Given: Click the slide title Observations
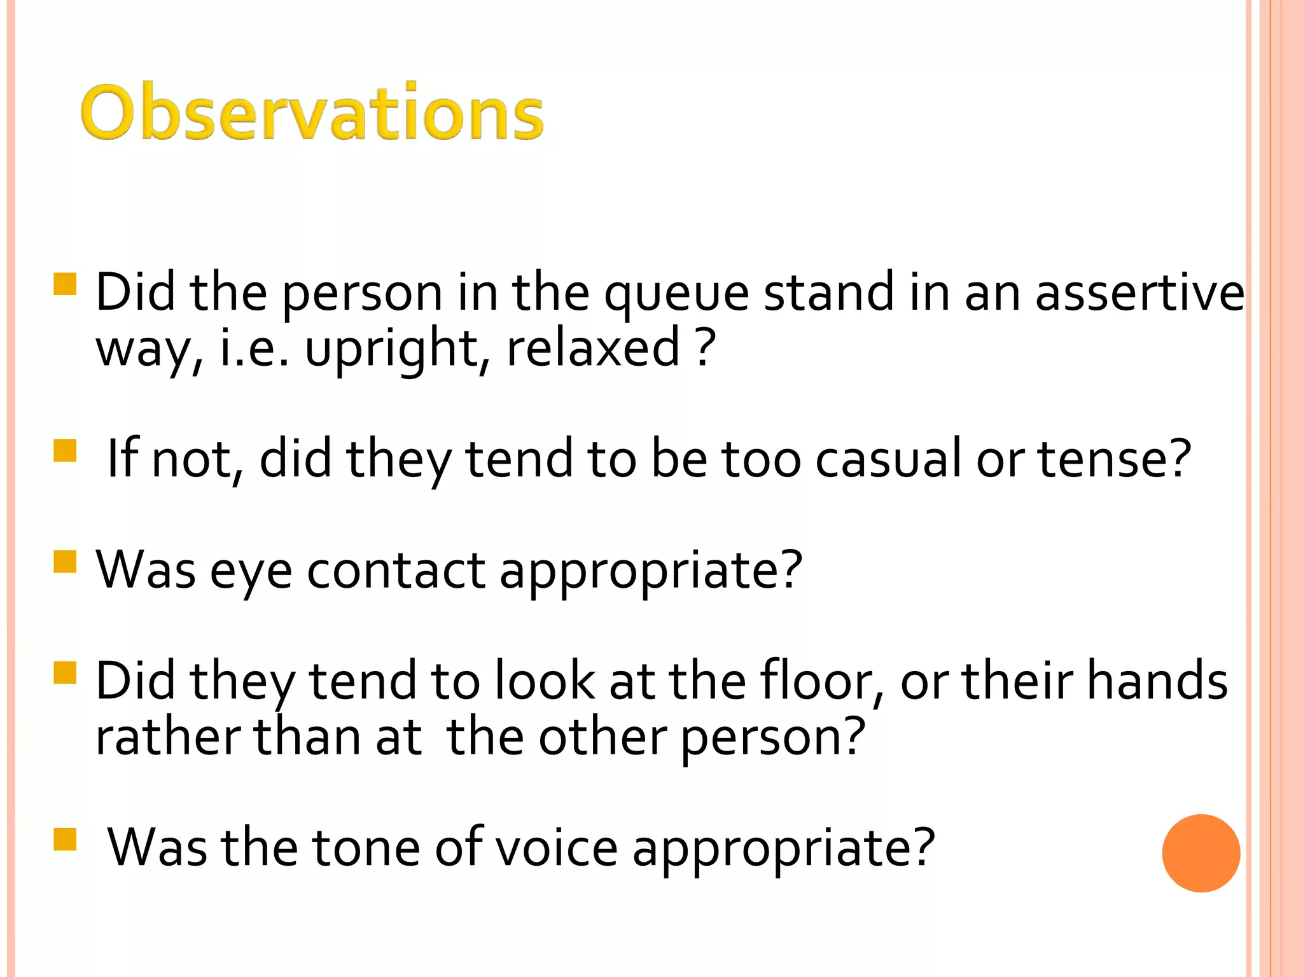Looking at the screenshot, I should click(x=312, y=113).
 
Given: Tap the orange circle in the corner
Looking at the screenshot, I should click(x=1201, y=853).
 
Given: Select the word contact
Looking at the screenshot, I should click(x=396, y=570).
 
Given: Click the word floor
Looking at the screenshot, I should click(x=822, y=681).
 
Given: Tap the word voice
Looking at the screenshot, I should click(x=556, y=848).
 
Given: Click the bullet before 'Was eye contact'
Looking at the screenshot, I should click(x=66, y=562).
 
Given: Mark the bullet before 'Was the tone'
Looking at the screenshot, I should click(x=66, y=840).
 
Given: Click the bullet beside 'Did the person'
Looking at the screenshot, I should click(x=66, y=284).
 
